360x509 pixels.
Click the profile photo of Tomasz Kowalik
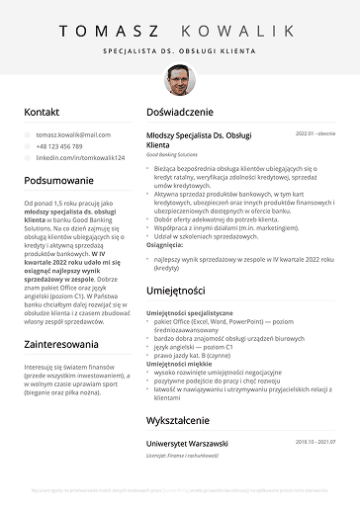pos(180,79)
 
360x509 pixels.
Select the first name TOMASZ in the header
pos(107,31)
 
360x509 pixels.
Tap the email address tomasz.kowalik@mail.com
pos(73,134)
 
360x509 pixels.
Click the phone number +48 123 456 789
pos(59,146)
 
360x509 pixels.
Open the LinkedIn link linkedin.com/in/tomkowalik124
pos(80,158)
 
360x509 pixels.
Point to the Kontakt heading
pos(43,113)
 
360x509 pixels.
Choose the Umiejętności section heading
pos(175,291)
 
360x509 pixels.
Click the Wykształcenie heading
pos(180,420)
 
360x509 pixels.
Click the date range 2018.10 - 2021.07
pos(315,443)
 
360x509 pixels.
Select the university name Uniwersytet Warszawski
pos(187,444)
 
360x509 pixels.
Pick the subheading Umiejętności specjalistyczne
pos(190,312)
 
